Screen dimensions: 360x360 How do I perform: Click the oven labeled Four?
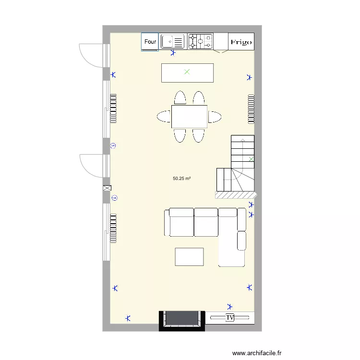coord(150,42)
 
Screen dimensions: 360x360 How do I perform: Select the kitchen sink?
coord(173,42)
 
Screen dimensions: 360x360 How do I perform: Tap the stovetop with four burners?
coord(201,41)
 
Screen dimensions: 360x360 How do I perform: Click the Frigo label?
coord(240,42)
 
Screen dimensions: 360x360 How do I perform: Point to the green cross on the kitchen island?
coord(187,72)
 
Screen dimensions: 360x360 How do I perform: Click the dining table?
coord(189,117)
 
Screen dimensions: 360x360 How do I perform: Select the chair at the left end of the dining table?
coord(164,117)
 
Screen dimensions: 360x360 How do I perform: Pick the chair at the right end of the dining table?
coord(215,117)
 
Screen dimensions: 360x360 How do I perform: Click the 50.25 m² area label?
coord(182,179)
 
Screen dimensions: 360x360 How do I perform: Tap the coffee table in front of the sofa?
coord(189,257)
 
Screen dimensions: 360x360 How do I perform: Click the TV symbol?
coord(230,317)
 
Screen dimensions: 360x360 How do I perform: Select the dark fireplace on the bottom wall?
coord(182,319)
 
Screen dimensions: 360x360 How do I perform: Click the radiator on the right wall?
coord(251,109)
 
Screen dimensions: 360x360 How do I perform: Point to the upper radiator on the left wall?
coord(113,108)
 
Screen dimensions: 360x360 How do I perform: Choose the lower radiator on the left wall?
coord(113,228)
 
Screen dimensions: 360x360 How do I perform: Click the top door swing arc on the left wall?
coord(89,54)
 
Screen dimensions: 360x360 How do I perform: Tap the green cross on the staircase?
coord(251,159)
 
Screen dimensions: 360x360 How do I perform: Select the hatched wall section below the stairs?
coord(236,195)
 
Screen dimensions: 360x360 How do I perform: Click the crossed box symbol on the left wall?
coord(107,189)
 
